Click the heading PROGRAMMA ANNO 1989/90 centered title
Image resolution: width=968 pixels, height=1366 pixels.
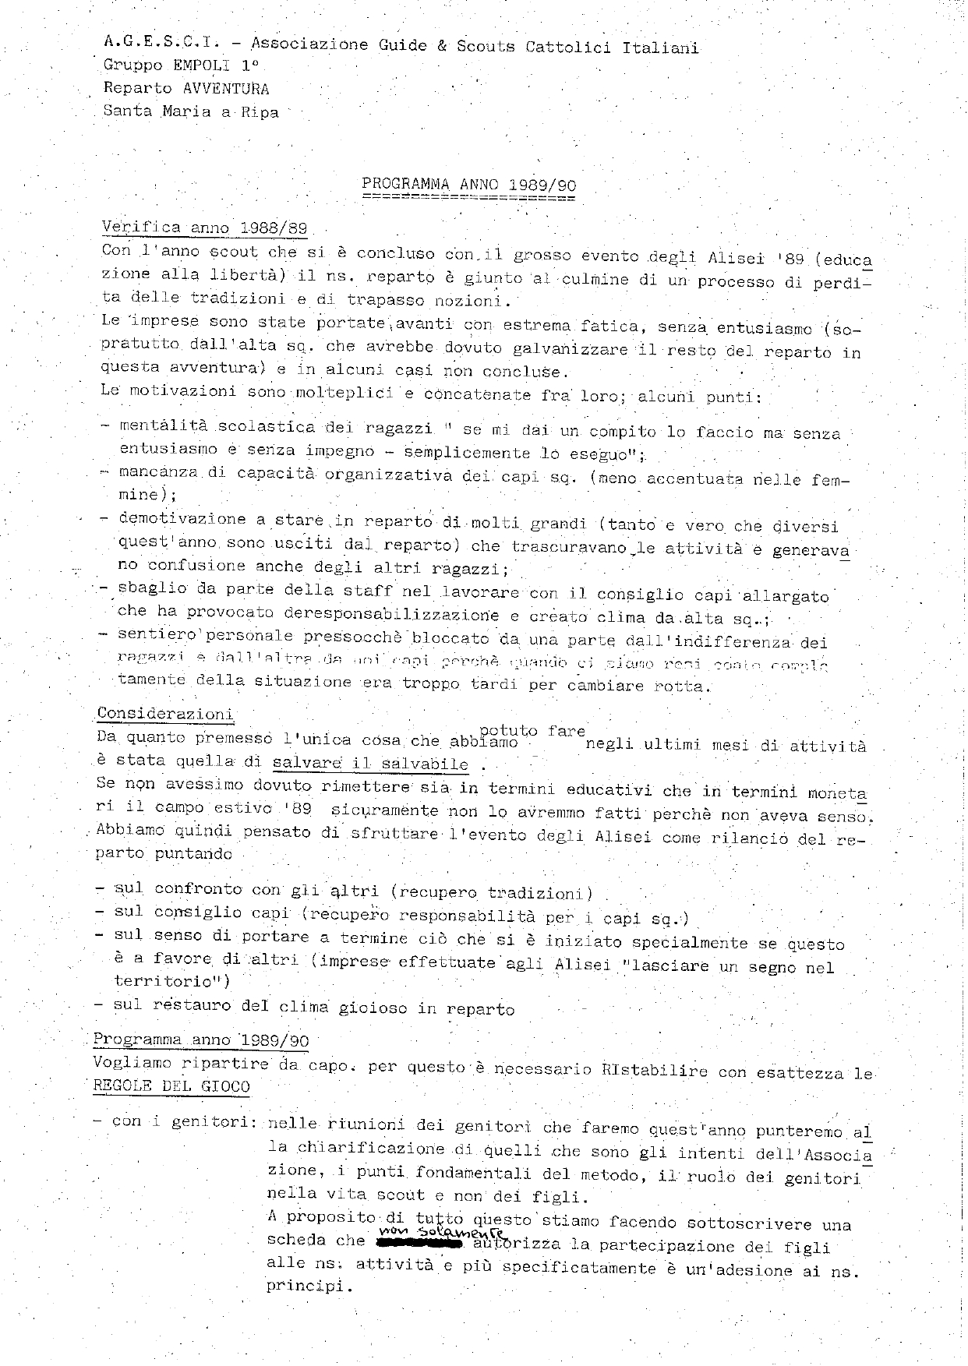(468, 185)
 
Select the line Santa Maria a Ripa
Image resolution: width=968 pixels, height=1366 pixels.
(190, 111)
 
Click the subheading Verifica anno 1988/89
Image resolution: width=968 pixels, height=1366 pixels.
(204, 228)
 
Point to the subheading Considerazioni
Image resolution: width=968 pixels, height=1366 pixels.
(165, 714)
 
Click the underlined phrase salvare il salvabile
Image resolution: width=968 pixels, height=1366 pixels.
(371, 764)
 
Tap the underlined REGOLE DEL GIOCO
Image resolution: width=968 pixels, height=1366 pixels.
(171, 1086)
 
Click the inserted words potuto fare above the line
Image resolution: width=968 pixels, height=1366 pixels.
(532, 731)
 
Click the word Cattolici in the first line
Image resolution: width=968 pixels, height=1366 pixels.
(569, 47)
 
